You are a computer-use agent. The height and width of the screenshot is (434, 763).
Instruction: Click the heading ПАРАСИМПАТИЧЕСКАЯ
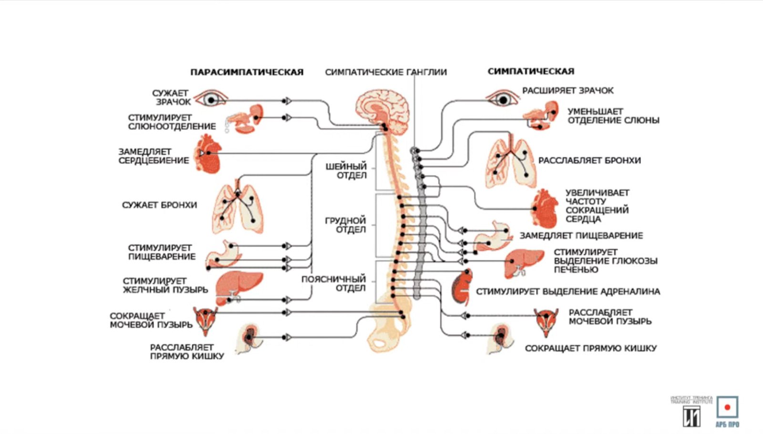tap(247, 72)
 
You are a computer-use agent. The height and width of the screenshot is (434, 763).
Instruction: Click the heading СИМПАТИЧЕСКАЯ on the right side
tap(531, 71)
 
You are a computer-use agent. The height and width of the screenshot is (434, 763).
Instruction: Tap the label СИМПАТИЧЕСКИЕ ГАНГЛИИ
tap(386, 72)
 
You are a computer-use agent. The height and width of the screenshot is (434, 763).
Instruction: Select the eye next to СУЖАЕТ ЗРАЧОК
tap(210, 99)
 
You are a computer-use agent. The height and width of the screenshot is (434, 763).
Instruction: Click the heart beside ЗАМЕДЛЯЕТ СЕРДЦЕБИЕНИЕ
tap(209, 154)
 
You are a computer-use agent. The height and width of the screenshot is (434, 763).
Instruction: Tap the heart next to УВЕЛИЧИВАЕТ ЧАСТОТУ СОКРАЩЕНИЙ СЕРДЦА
tap(545, 209)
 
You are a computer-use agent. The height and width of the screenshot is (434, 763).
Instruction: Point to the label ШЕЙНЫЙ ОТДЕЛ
tap(347, 171)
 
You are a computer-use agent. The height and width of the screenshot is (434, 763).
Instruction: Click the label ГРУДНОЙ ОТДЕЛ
tap(346, 225)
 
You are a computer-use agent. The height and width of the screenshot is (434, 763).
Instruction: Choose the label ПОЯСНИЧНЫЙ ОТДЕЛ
tap(334, 283)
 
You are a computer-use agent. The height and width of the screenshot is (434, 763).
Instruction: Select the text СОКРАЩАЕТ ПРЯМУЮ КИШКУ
tap(590, 349)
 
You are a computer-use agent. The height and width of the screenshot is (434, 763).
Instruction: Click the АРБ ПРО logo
tap(727, 411)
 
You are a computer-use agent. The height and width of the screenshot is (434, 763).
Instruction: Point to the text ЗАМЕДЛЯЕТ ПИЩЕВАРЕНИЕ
tap(581, 236)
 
